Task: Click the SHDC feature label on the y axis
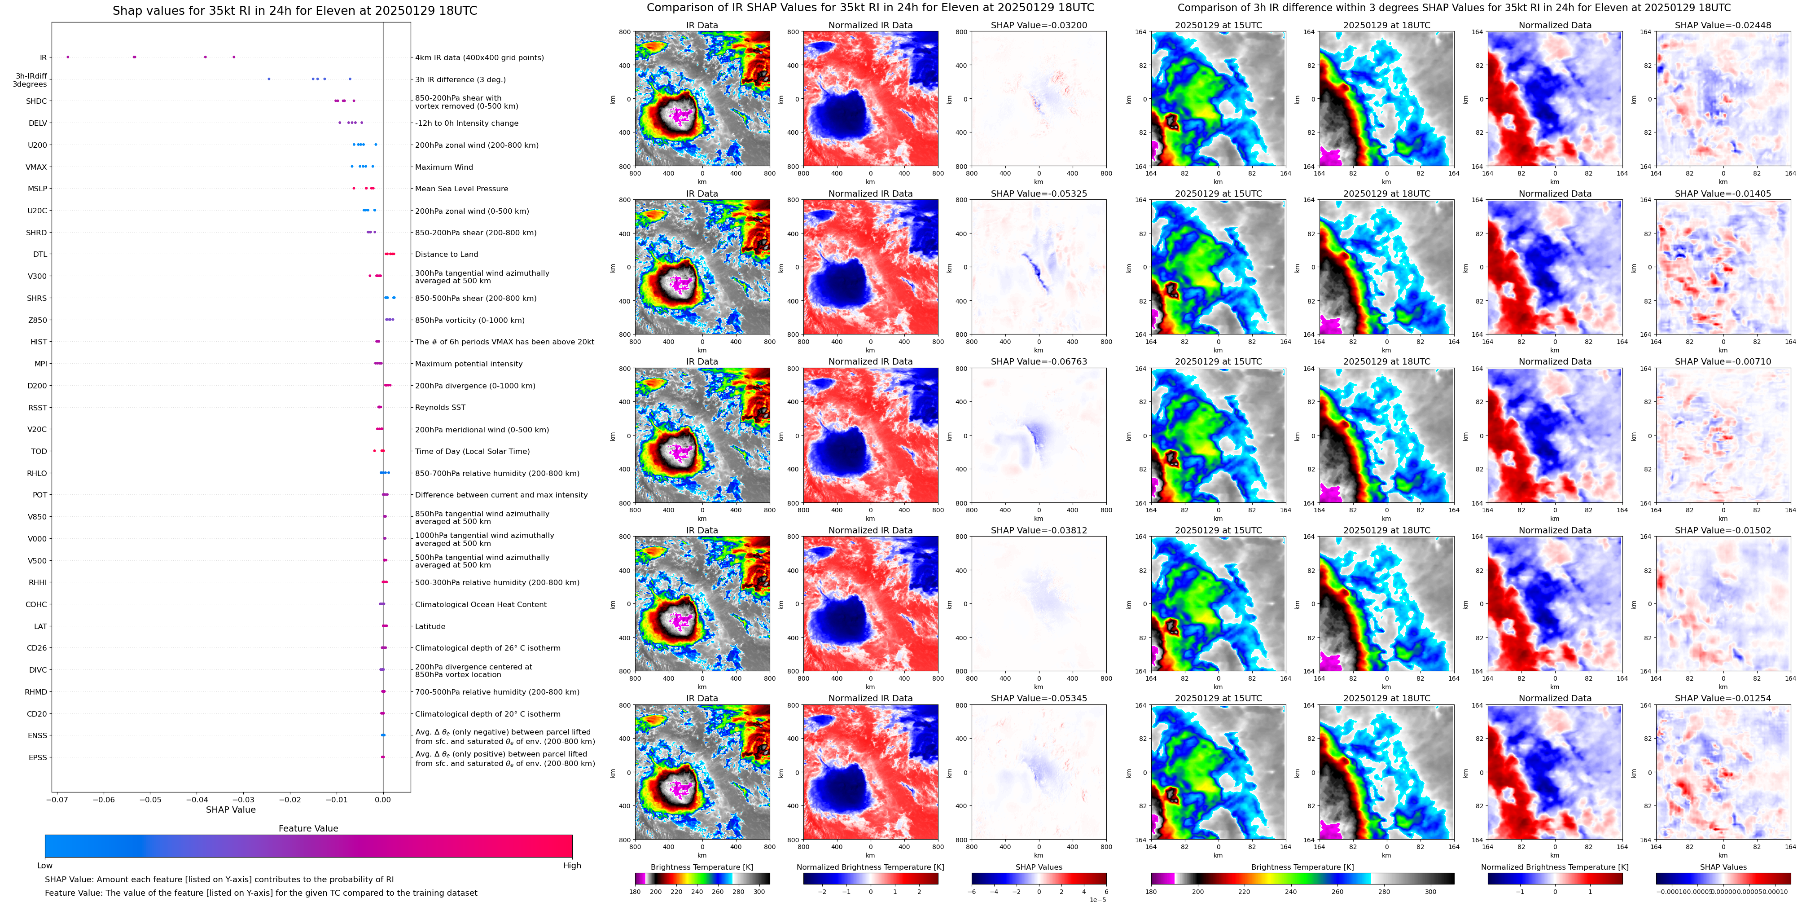[36, 101]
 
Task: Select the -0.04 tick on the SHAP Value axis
[197, 799]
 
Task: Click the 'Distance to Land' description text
[446, 255]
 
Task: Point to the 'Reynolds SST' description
[440, 407]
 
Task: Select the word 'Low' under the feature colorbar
[45, 866]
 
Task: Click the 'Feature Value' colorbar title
[308, 828]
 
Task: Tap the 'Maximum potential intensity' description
[469, 364]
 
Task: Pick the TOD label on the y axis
[39, 451]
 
